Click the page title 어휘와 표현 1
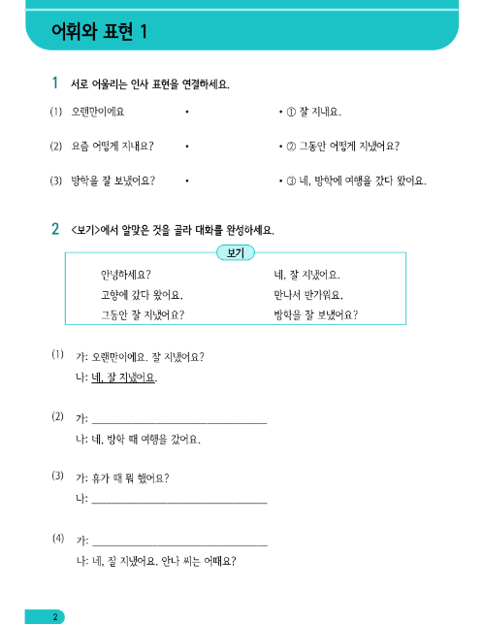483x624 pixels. tap(99, 32)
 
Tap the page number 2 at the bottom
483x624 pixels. tap(57, 616)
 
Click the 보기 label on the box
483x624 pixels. tap(236, 253)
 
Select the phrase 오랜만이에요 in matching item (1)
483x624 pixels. tap(97, 112)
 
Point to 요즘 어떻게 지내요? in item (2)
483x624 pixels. tap(113, 146)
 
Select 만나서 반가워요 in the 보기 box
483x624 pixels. tap(308, 294)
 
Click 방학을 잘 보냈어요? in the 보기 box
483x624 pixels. tap(316, 313)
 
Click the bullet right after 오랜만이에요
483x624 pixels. tap(185, 112)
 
